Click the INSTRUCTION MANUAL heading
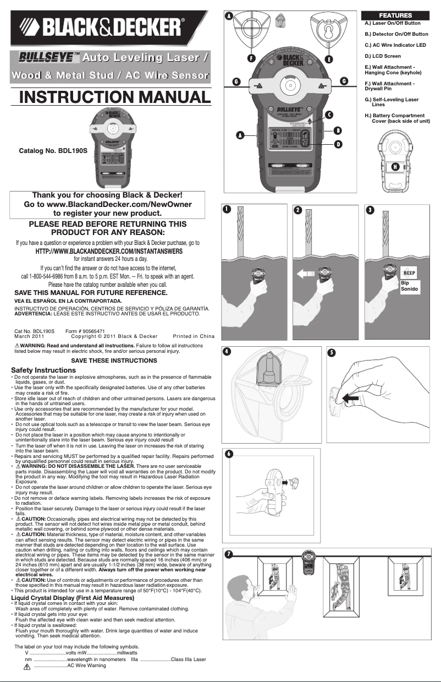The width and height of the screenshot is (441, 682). coord(115,97)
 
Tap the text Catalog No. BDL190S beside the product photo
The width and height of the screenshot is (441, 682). coord(53,150)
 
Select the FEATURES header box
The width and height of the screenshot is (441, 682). coord(394,15)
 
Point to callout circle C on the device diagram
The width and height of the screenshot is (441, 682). coord(329,115)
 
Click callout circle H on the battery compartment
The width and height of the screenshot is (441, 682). coord(394,166)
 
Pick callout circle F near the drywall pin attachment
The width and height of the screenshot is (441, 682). coord(251,58)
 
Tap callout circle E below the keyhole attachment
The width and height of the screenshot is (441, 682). coord(329,58)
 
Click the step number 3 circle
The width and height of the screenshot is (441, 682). coord(371,210)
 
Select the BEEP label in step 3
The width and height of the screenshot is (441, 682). coord(409,272)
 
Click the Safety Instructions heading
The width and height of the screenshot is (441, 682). coord(43,370)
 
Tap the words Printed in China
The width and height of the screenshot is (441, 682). coord(193,336)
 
